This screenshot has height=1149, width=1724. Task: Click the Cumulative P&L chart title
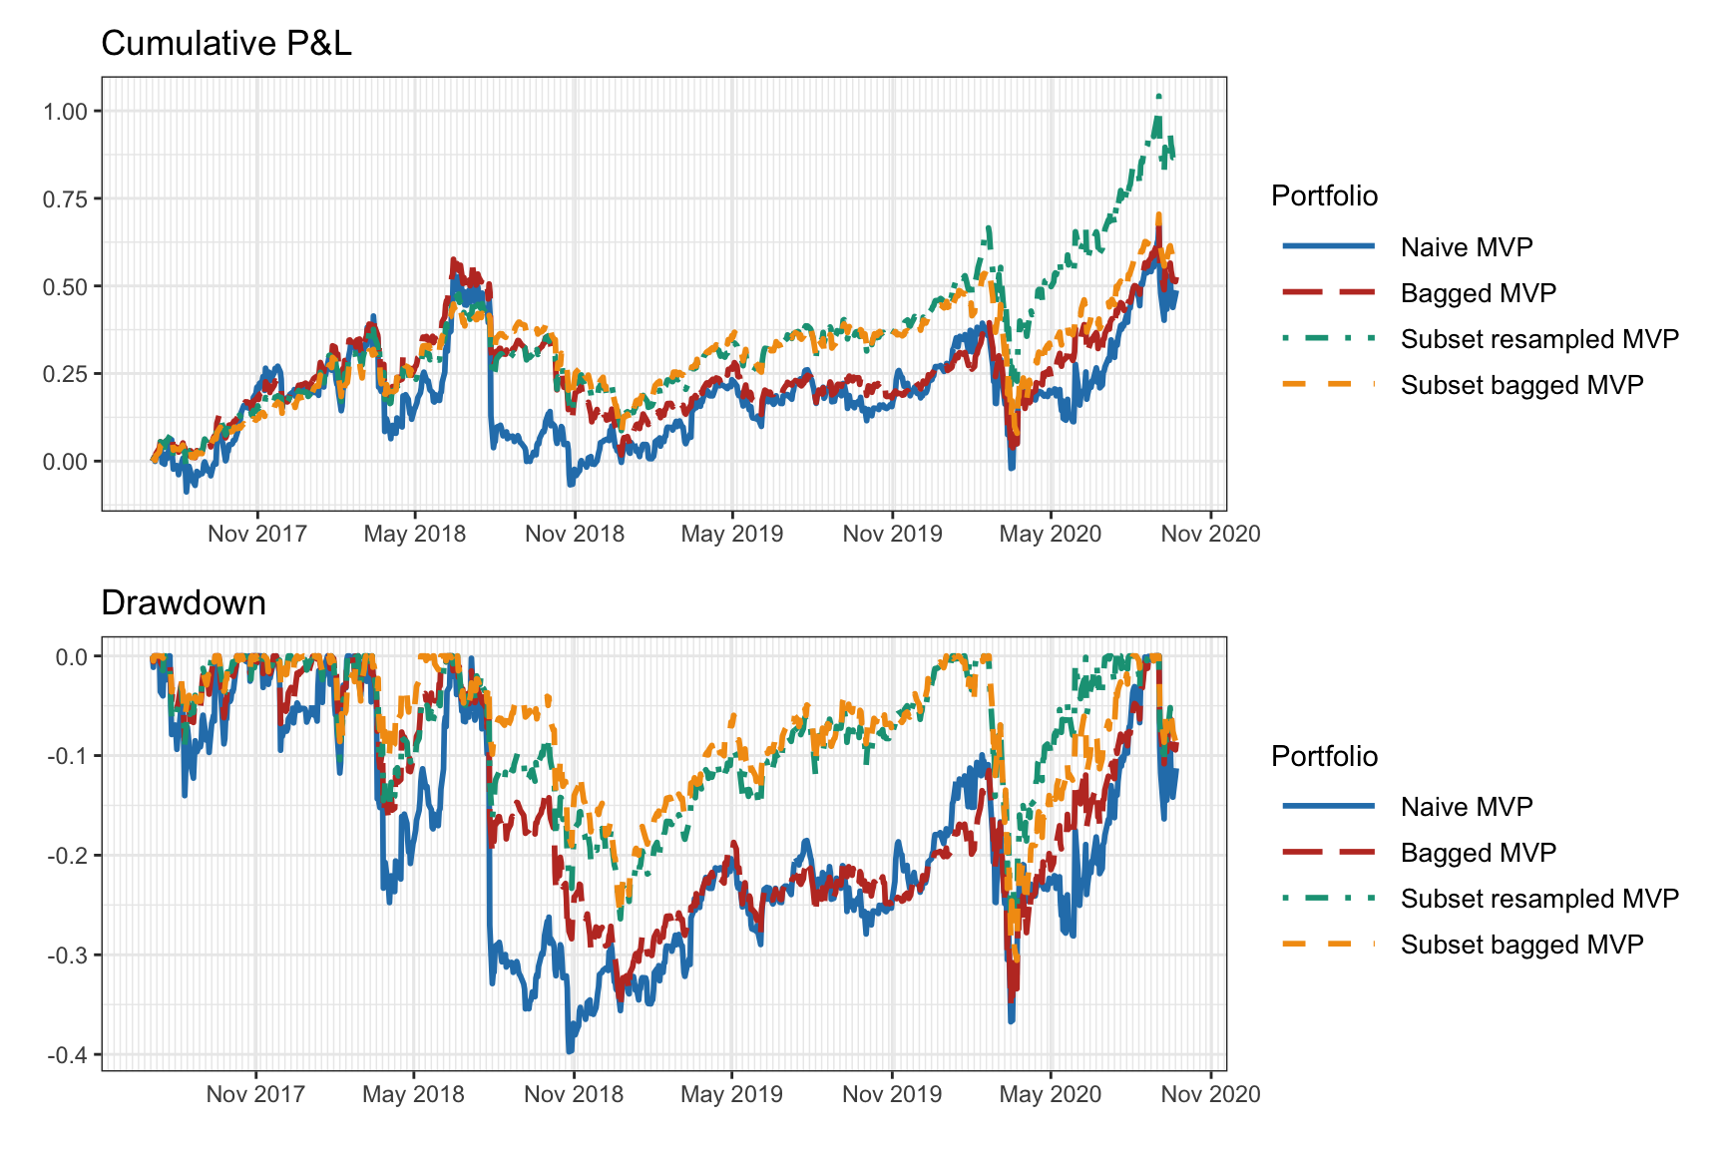pyautogui.click(x=226, y=44)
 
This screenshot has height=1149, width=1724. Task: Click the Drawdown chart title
pyautogui.click(x=184, y=603)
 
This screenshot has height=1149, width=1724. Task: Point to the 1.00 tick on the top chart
pyautogui.click(x=65, y=111)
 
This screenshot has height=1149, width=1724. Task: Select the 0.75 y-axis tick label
pyautogui.click(x=65, y=198)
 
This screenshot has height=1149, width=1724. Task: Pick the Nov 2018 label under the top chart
pyautogui.click(x=575, y=534)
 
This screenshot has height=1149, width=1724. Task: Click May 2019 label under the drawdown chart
pyautogui.click(x=731, y=1094)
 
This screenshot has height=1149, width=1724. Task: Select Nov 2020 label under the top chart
pyautogui.click(x=1210, y=534)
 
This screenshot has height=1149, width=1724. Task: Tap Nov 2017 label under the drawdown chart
pyautogui.click(x=255, y=1094)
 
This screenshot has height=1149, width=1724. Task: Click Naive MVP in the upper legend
pyautogui.click(x=1466, y=247)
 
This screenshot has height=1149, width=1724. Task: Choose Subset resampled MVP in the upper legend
pyautogui.click(x=1538, y=339)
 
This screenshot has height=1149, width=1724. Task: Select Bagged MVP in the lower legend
pyautogui.click(x=1478, y=853)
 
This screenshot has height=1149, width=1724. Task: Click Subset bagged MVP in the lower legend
pyautogui.click(x=1521, y=945)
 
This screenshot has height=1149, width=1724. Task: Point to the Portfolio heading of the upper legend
pyautogui.click(x=1324, y=195)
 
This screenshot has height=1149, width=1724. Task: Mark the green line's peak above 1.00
pyautogui.click(x=1158, y=96)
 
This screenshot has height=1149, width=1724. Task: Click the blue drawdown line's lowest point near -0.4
pyautogui.click(x=570, y=1050)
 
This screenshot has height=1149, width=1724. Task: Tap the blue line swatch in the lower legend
pyautogui.click(x=1328, y=806)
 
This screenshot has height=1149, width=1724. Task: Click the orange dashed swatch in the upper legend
pyautogui.click(x=1328, y=384)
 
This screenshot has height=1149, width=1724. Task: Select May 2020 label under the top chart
pyautogui.click(x=1050, y=534)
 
